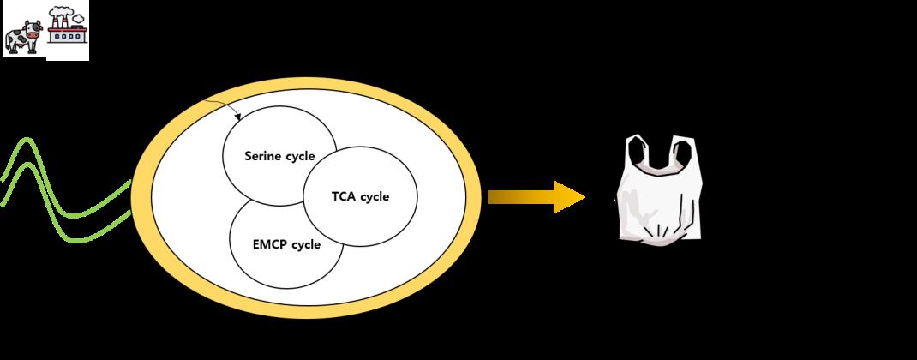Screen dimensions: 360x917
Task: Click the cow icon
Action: (x=22, y=36)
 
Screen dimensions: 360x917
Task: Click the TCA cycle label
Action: (x=360, y=196)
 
